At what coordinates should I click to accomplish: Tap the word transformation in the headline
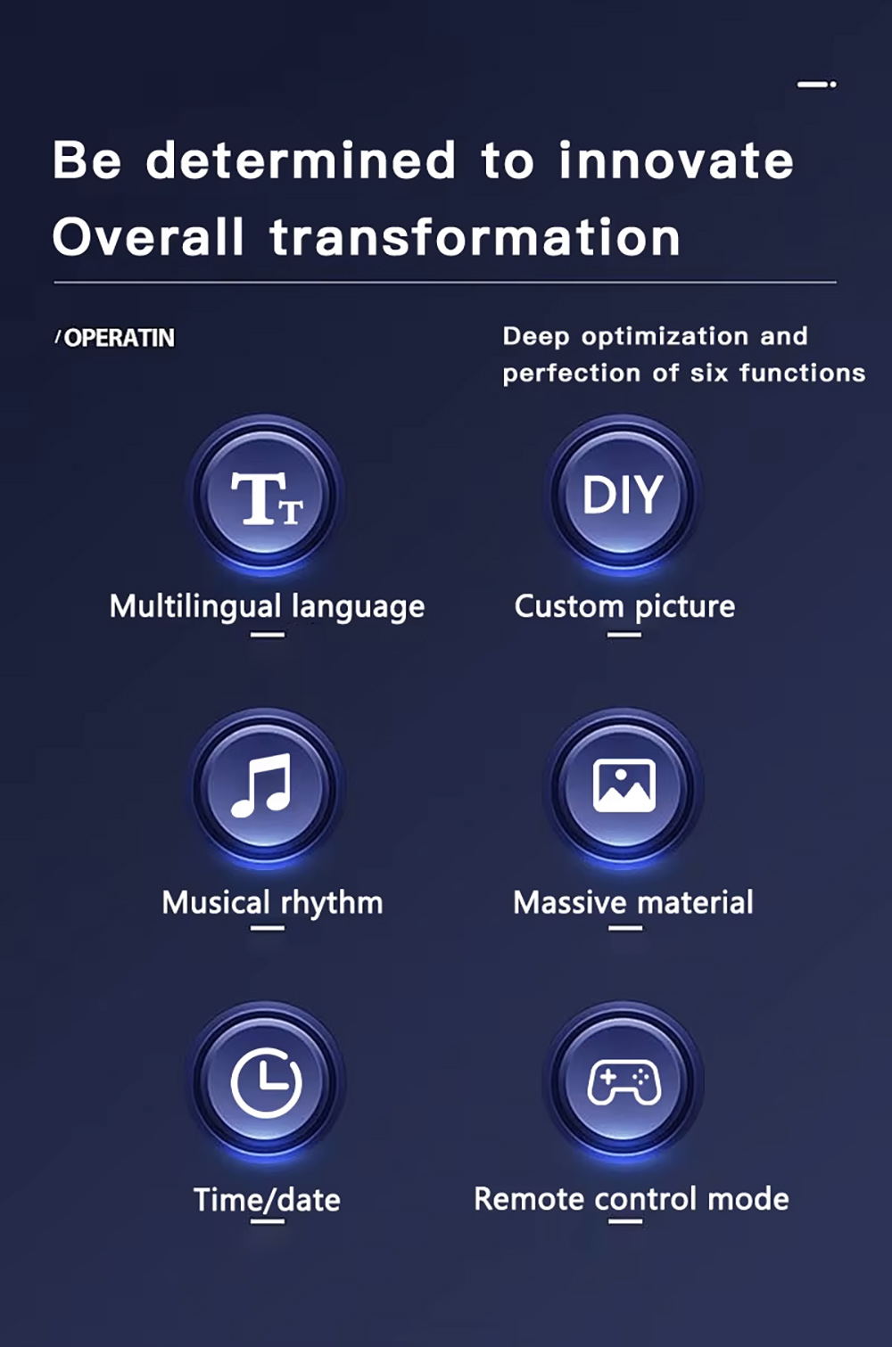tap(475, 237)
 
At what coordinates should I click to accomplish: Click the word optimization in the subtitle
tap(665, 337)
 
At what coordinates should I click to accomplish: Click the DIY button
tap(624, 495)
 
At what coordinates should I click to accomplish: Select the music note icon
tap(261, 785)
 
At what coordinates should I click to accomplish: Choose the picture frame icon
tap(624, 785)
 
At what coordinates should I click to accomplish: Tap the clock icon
tap(266, 1082)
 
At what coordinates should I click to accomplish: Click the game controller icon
tap(624, 1083)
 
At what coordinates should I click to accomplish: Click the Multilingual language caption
tap(268, 606)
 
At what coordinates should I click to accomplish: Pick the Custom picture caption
tap(624, 606)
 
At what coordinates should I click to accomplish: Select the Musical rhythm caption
tap(273, 903)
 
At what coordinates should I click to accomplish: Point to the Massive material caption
tap(633, 903)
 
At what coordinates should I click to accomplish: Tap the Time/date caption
tap(268, 1200)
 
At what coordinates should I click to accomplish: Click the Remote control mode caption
tap(632, 1199)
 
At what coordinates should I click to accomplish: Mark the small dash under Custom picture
tap(624, 635)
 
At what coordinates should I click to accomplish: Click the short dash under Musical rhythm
tap(268, 928)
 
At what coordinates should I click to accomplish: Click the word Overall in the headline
tap(148, 237)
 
